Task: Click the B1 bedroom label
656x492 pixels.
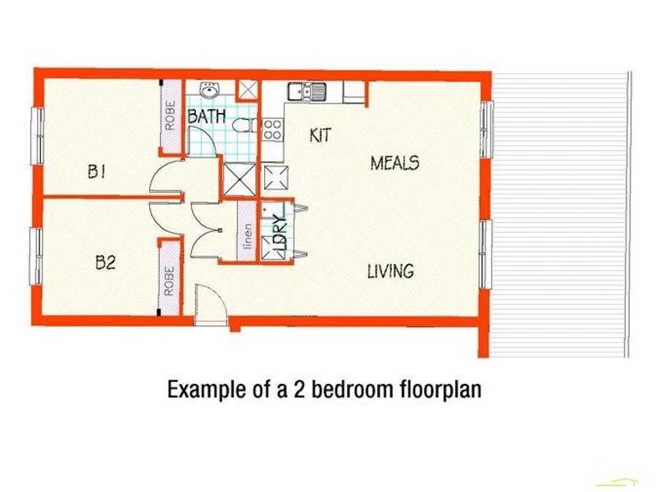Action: click(96, 171)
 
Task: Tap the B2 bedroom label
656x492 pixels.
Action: click(106, 262)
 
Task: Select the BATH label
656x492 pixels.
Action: click(207, 116)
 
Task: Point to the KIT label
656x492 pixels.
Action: click(321, 134)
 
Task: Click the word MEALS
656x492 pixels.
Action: click(395, 162)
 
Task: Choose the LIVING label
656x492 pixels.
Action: click(391, 271)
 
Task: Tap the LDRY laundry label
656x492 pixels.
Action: click(280, 233)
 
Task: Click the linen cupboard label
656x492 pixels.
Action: click(248, 236)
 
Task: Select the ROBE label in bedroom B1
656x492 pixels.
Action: click(171, 116)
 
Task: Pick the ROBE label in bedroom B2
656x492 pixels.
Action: click(169, 281)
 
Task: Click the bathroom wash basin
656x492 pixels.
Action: click(208, 89)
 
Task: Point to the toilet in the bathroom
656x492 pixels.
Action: click(245, 125)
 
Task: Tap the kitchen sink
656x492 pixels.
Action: click(307, 92)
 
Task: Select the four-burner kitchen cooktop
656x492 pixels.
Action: click(272, 130)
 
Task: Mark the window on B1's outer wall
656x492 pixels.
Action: click(39, 136)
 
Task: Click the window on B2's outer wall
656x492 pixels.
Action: click(36, 257)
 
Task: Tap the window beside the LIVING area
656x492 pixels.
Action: click(485, 254)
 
